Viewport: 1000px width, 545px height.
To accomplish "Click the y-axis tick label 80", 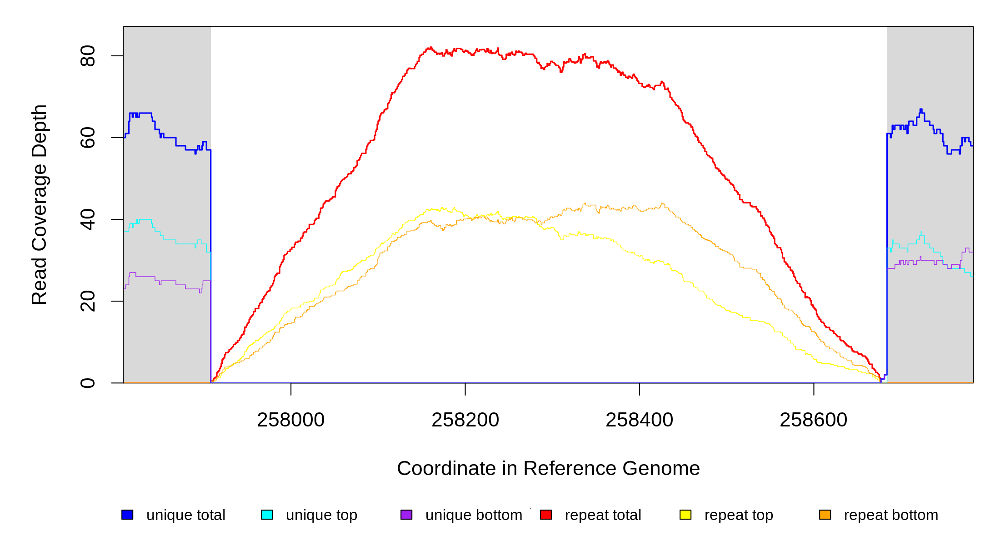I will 87,56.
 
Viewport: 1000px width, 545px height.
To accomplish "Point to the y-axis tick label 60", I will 87,138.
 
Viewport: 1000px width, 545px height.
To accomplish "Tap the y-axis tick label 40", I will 87,219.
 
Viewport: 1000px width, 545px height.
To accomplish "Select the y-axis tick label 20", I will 87,301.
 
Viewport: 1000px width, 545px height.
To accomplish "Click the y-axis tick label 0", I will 87,383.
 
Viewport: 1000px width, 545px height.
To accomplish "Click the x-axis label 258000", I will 291,420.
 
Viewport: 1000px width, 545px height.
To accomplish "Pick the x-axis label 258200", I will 465,420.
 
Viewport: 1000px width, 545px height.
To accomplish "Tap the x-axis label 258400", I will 639,420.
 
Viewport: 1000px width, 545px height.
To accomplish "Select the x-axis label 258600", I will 813,420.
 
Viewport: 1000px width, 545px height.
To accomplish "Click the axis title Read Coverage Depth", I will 40,204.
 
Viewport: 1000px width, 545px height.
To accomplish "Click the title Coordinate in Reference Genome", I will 548,468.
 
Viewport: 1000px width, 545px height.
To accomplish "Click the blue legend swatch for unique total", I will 127,515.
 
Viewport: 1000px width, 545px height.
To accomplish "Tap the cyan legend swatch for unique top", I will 267,515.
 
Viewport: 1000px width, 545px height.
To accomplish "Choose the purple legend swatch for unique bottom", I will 406,515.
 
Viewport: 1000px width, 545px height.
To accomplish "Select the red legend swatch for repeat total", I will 546,515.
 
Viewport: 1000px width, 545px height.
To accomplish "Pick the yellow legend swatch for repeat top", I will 685,515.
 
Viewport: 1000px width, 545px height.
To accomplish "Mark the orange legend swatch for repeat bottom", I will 825,515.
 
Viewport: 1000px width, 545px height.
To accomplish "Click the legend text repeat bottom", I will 891,515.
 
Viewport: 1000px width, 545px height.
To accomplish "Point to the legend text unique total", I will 185,515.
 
